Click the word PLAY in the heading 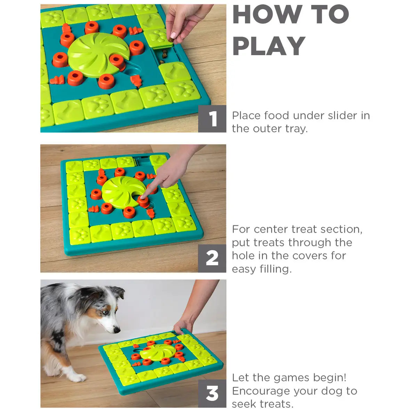tap(268, 46)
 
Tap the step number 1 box tap(212, 119)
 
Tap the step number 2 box tap(212, 258)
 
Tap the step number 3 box tap(212, 394)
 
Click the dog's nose tap(118, 330)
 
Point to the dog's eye tap(105, 312)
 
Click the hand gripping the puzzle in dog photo tap(183, 326)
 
